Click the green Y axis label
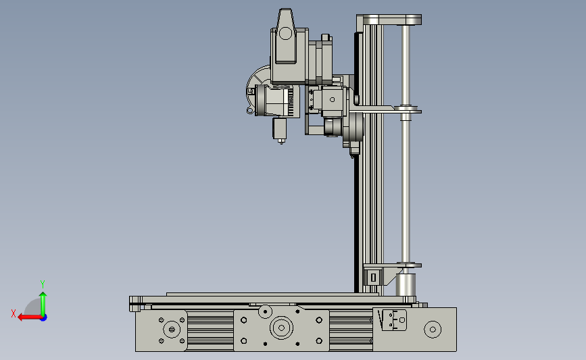pos(42,284)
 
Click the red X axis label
pos(14,313)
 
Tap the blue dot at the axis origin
pos(44,318)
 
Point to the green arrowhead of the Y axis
pos(43,295)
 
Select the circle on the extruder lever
pos(285,33)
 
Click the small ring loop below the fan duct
pos(249,110)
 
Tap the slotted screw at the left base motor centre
pos(172,330)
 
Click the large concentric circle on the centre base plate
pos(281,328)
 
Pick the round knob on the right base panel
pos(433,330)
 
